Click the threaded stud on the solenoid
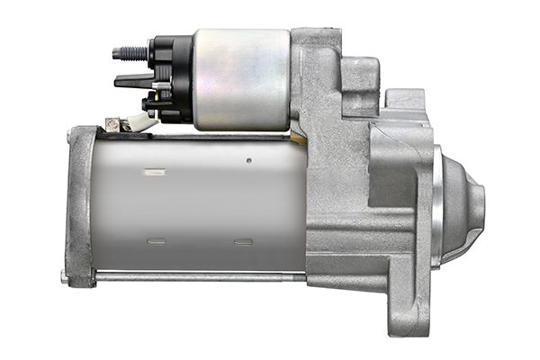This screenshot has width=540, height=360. [127, 53]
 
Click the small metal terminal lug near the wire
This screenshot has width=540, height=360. [113, 124]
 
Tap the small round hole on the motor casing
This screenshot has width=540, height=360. [248, 161]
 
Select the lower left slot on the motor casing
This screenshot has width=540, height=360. [156, 241]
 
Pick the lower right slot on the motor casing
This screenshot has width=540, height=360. [242, 241]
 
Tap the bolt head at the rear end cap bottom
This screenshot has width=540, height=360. [64, 275]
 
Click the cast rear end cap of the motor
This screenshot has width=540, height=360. [81, 202]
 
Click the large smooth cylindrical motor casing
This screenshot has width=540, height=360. [198, 202]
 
